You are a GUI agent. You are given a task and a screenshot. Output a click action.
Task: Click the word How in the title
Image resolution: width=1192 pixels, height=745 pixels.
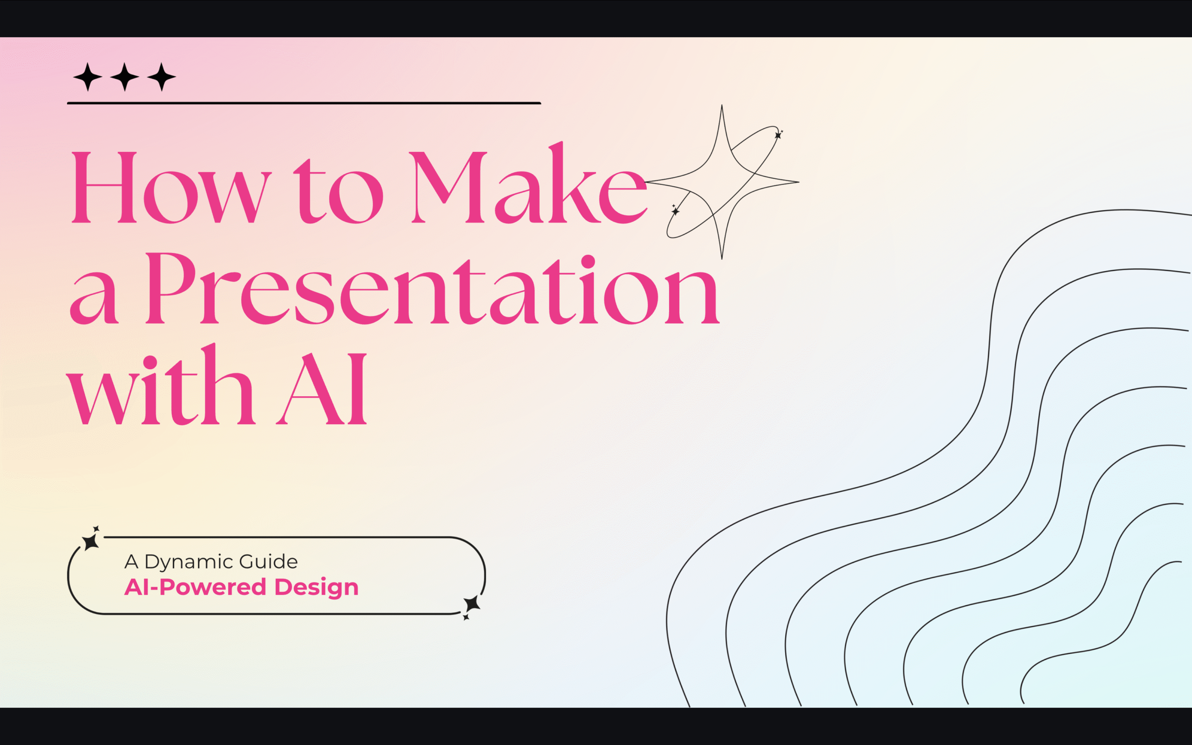170,187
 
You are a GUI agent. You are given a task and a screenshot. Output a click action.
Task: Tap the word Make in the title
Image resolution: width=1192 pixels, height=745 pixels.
527,185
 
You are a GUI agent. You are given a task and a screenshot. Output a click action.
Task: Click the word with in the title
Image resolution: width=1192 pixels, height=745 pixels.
160,387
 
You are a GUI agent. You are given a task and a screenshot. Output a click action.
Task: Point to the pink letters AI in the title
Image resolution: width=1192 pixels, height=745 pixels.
323,389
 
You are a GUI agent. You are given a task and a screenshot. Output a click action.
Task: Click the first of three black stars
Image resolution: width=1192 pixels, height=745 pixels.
88,77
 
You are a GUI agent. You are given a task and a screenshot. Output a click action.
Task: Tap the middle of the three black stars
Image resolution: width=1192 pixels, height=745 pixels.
125,77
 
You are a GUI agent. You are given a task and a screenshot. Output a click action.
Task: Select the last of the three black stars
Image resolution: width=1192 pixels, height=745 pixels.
162,77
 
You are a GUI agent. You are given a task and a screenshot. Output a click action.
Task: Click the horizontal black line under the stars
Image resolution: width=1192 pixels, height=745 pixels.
304,103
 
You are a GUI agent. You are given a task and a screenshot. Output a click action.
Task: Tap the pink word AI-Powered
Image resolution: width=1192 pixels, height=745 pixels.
195,587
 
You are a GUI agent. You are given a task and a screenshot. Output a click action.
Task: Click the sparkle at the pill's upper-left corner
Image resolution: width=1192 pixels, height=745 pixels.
91,541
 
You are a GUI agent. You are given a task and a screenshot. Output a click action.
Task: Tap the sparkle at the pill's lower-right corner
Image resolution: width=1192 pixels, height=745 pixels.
471,604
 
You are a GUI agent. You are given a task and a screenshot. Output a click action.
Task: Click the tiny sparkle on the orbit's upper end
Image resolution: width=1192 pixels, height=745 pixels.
778,135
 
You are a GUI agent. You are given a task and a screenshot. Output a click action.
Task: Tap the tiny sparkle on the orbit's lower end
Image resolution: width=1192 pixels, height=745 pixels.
675,211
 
